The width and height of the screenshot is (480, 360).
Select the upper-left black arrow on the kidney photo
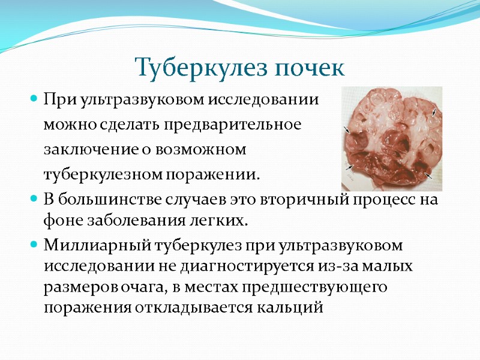pyautogui.click(x=346, y=129)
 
